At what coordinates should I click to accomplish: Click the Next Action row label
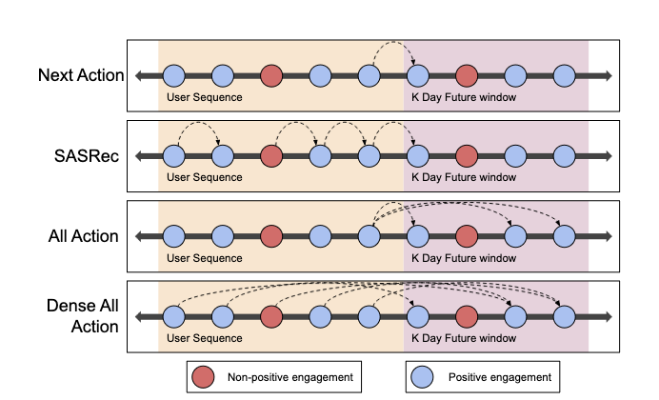pyautogui.click(x=81, y=75)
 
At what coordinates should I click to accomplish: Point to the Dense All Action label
pyautogui.click(x=83, y=315)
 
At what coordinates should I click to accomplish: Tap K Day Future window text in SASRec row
pyautogui.click(x=463, y=177)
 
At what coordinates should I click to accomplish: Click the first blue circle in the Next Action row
pyautogui.click(x=173, y=75)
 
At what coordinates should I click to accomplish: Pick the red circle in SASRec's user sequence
pyautogui.click(x=271, y=155)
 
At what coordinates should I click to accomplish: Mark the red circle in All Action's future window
pyautogui.click(x=466, y=235)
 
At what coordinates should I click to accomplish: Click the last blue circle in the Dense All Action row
pyautogui.click(x=564, y=315)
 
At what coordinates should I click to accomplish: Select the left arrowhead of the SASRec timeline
pyautogui.click(x=139, y=155)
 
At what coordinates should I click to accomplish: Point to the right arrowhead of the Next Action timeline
pyautogui.click(x=607, y=75)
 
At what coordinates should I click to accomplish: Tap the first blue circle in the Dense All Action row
pyautogui.click(x=173, y=315)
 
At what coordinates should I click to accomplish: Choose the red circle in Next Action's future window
pyautogui.click(x=466, y=75)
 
